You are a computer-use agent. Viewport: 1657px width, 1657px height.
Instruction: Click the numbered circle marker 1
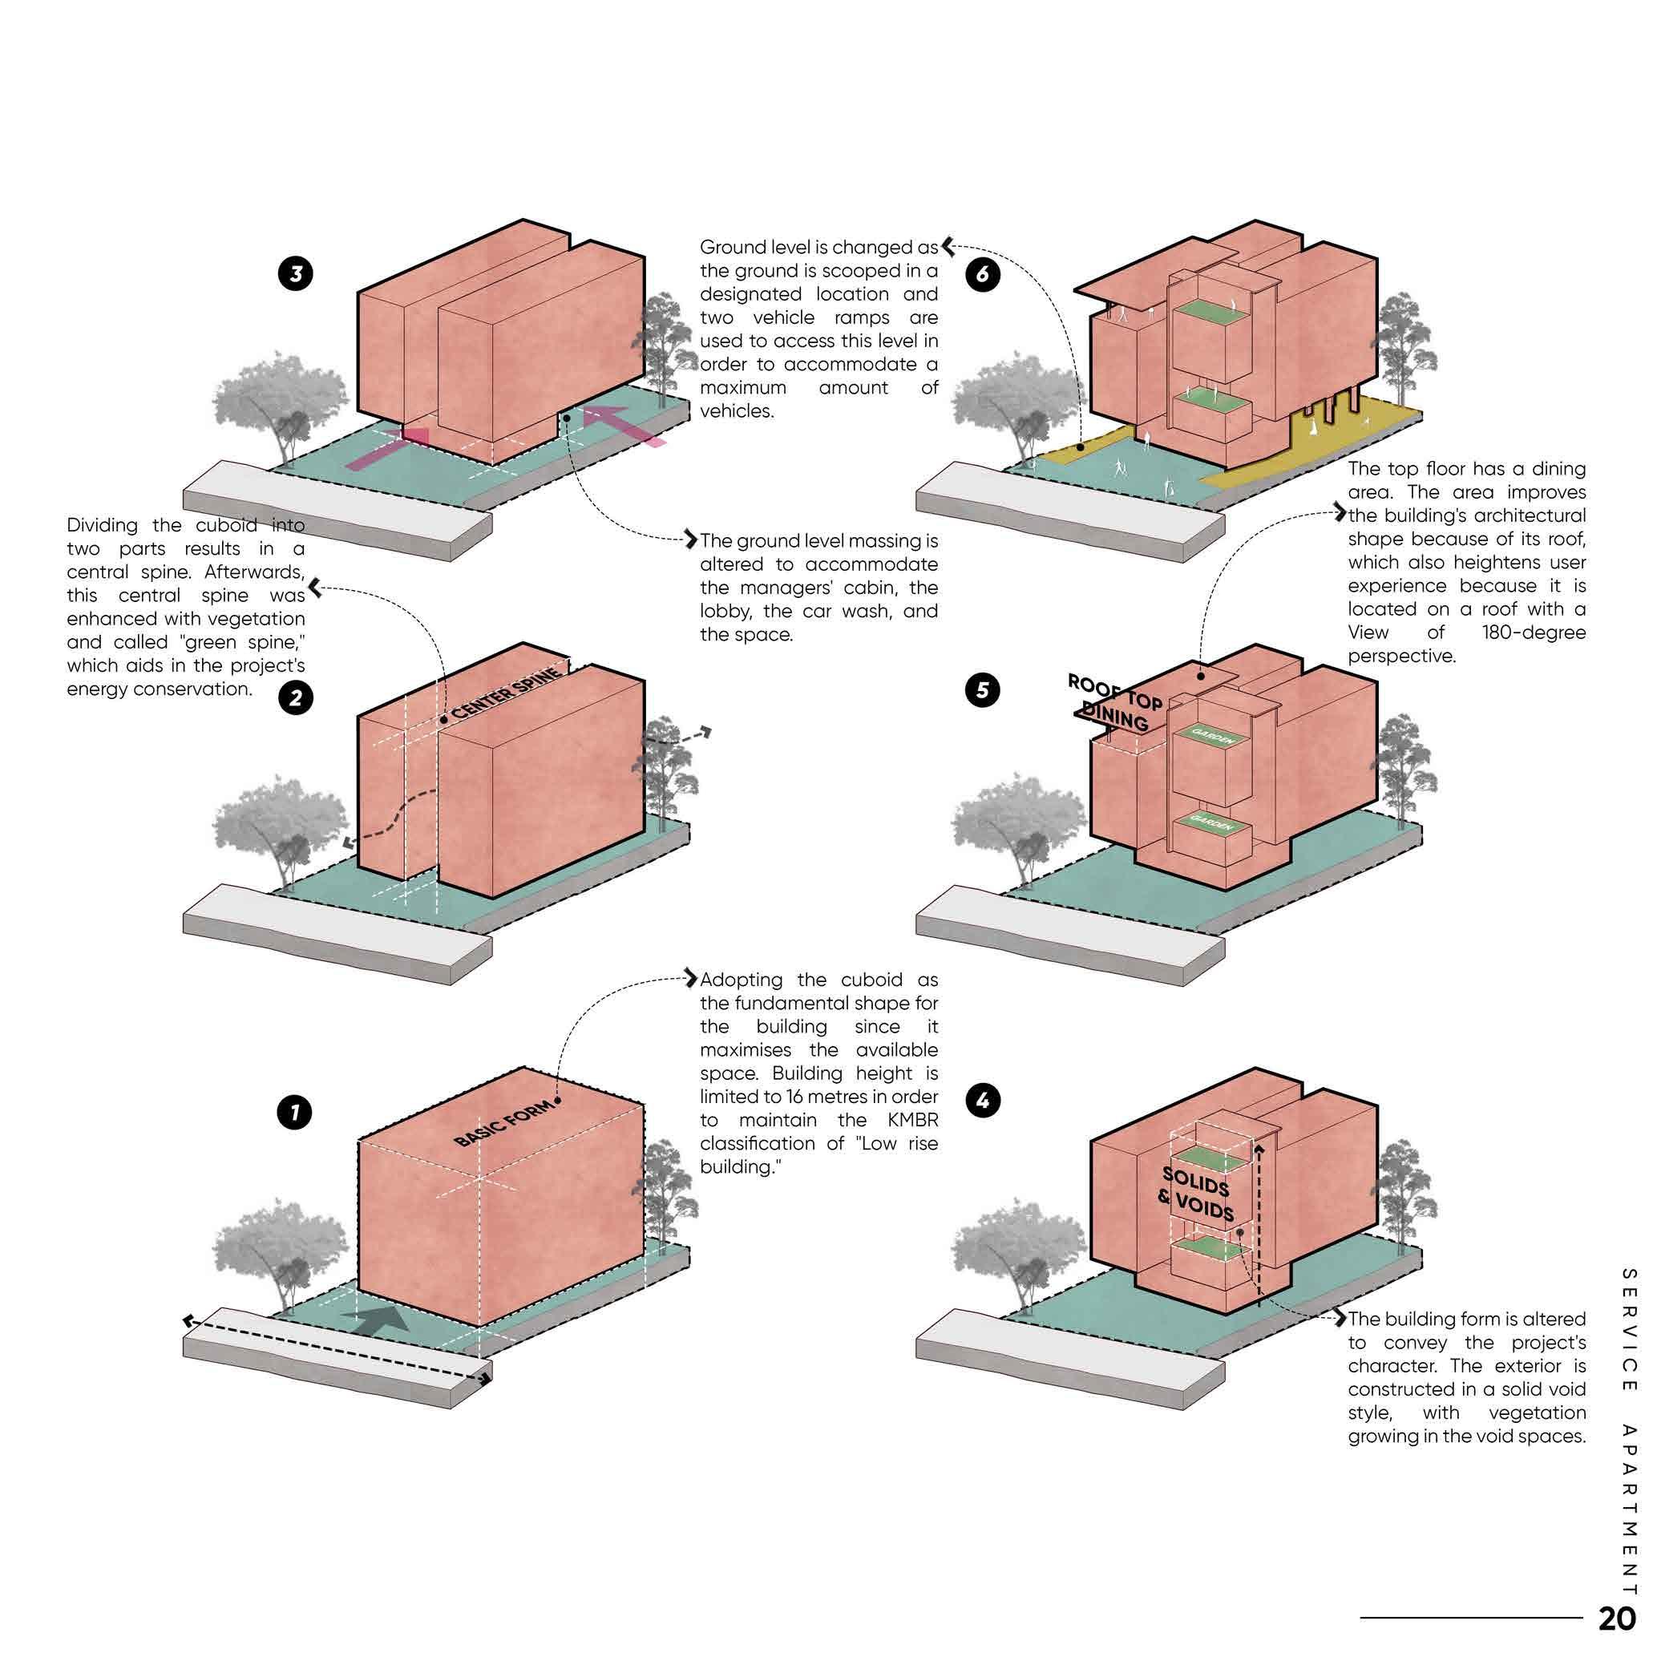tap(295, 1113)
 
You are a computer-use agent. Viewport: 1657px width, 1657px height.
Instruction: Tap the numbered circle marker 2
tap(295, 697)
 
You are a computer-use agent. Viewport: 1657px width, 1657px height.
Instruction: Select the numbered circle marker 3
tap(295, 274)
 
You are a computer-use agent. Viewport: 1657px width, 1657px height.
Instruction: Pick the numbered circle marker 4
tap(983, 1101)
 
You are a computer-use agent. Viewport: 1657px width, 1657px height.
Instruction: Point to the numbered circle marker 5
tap(983, 689)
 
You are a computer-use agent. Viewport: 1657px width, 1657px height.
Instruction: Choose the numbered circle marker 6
tap(983, 274)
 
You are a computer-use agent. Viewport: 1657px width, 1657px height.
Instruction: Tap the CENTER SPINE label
tap(507, 693)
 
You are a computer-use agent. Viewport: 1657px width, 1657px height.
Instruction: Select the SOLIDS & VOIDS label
tap(1198, 1194)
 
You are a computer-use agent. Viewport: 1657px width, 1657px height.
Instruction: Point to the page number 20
tap(1617, 1619)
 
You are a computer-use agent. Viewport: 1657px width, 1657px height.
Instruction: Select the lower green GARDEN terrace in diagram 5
tap(1212, 824)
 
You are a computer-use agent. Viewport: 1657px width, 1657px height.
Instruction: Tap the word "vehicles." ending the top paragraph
tap(737, 410)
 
